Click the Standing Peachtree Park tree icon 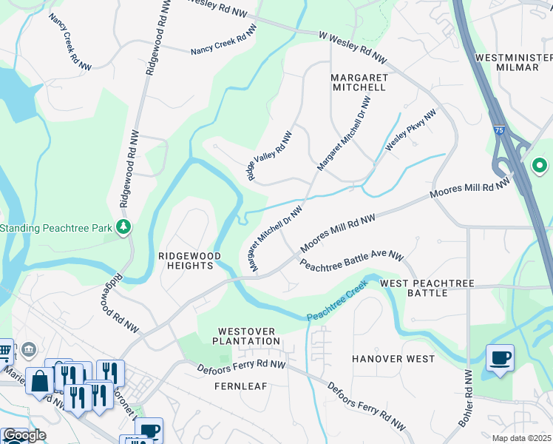click(125, 226)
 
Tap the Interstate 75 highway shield click(499, 129)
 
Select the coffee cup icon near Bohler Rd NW click(501, 359)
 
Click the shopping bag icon click(39, 381)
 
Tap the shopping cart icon click(4, 351)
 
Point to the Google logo click(24, 436)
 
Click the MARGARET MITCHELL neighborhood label click(358, 82)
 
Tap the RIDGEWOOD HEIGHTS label click(190, 260)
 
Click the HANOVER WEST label click(393, 359)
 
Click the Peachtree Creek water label click(337, 304)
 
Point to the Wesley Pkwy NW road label click(411, 131)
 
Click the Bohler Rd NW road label click(466, 397)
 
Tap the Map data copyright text click(522, 438)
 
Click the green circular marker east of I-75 click(539, 166)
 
